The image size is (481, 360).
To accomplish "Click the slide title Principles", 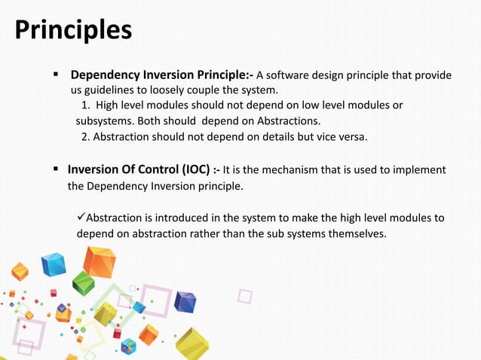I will click(x=73, y=30).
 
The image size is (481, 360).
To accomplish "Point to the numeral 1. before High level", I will click(x=85, y=105).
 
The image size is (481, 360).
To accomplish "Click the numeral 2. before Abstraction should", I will click(x=86, y=136).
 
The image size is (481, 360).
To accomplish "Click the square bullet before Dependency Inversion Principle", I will click(x=56, y=75).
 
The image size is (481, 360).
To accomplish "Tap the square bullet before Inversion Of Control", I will click(x=56, y=169).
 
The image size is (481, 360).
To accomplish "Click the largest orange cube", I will click(x=99, y=261).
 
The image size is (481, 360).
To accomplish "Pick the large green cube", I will click(x=83, y=283).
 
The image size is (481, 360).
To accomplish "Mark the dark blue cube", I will click(x=185, y=301).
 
